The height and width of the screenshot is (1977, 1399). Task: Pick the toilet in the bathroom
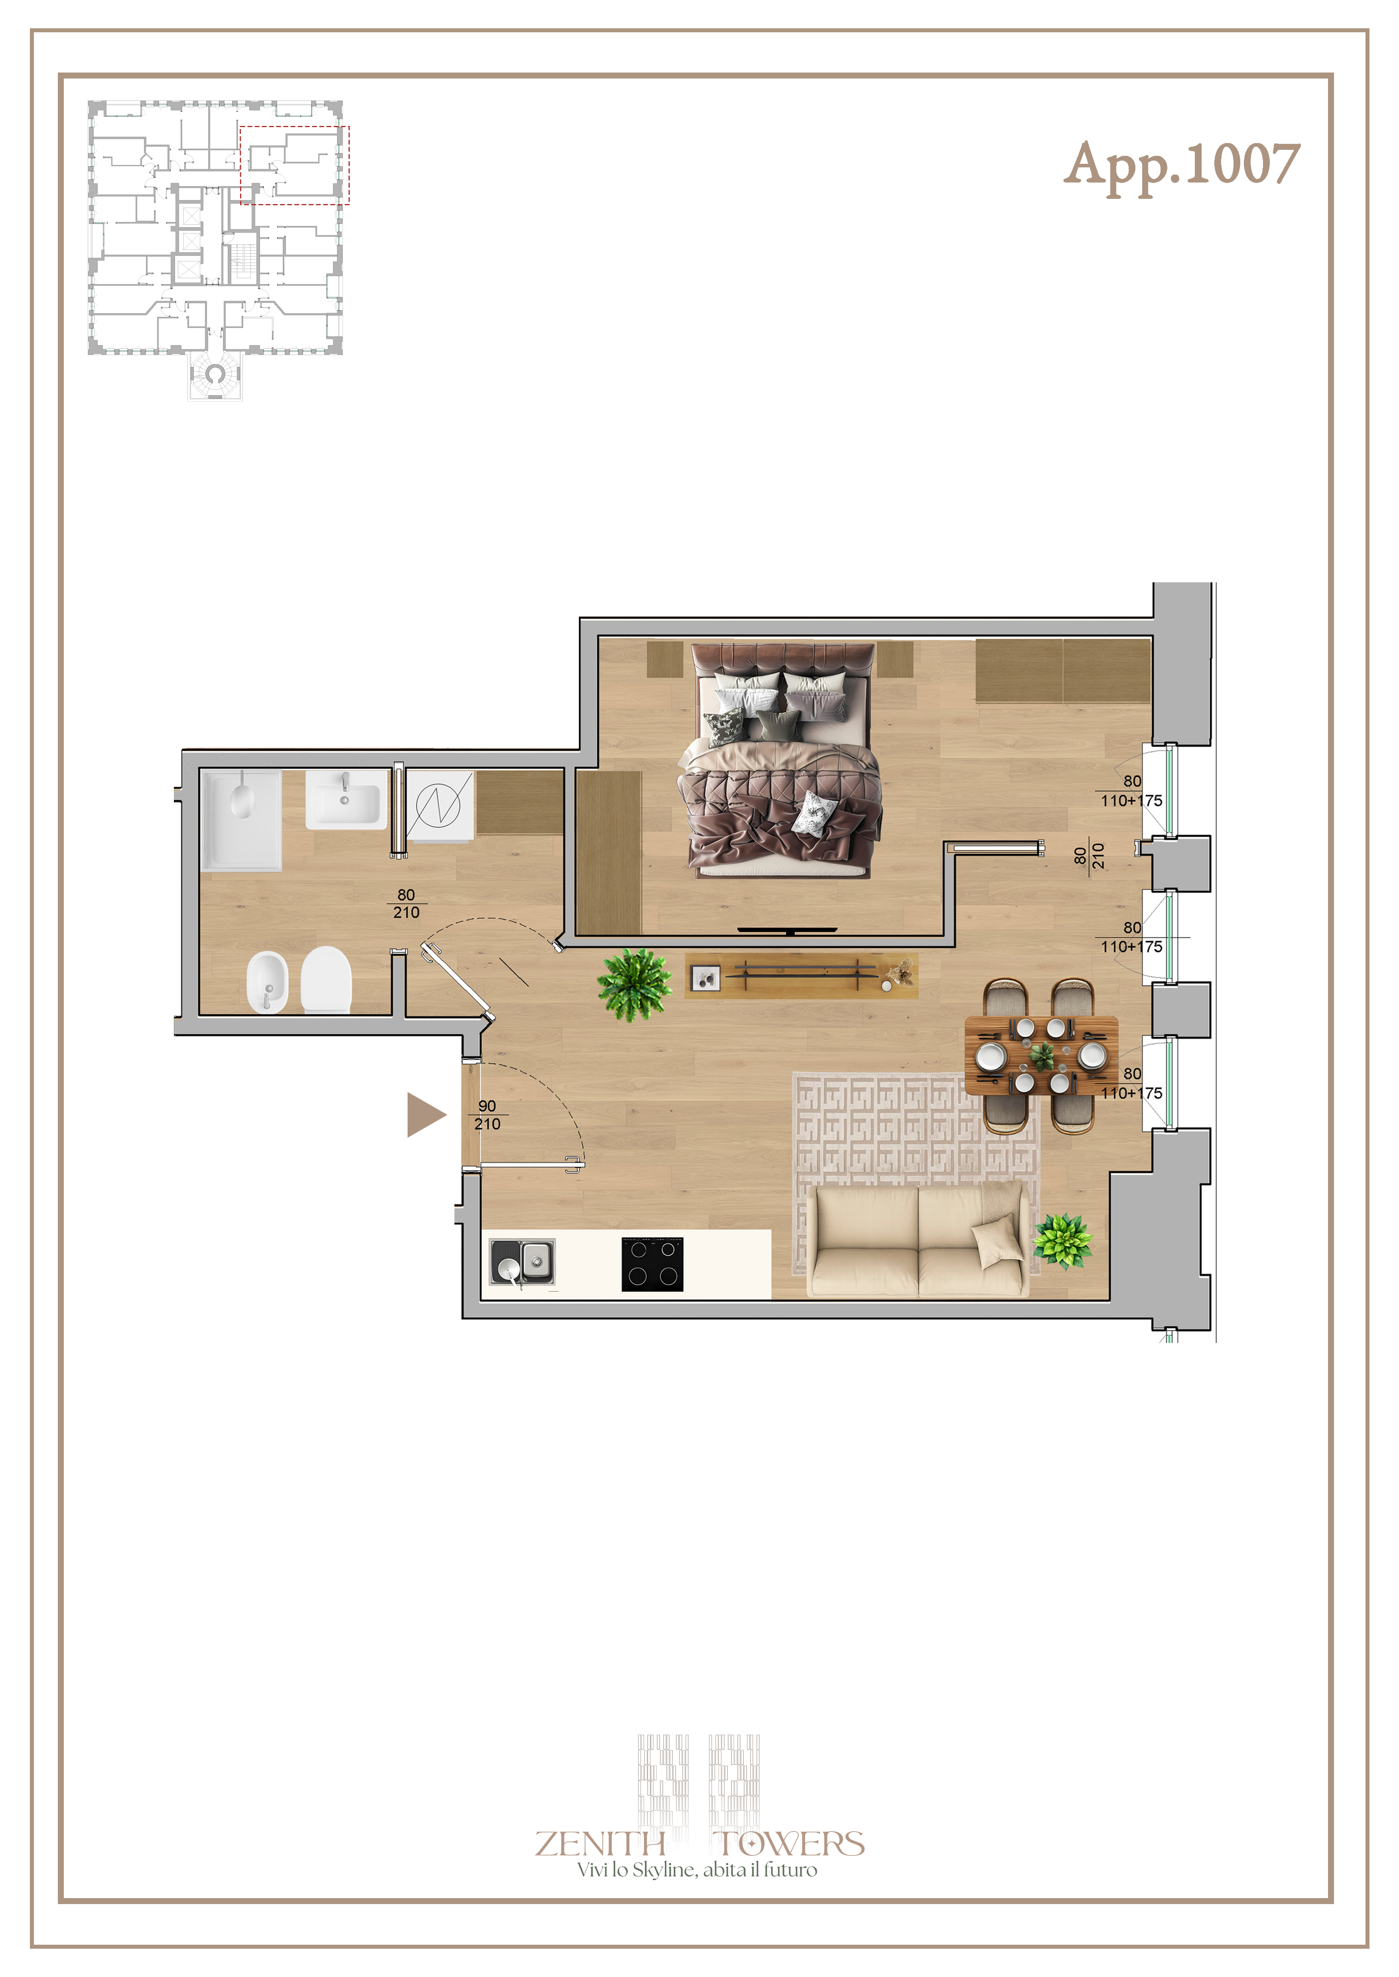pos(327,979)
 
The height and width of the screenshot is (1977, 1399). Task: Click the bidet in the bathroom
pos(267,982)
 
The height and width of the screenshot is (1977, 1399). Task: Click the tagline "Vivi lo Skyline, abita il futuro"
pos(697,1869)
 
